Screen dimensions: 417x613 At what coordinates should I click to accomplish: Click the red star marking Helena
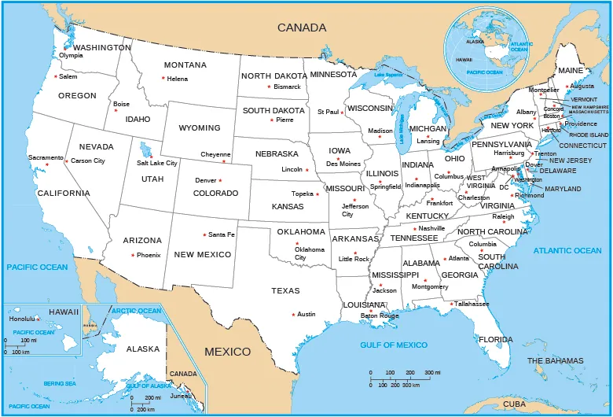(x=163, y=78)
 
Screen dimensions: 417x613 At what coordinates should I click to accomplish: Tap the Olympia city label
(x=71, y=55)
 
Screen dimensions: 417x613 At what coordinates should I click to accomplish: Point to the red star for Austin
(x=293, y=315)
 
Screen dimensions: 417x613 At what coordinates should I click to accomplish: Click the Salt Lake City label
(x=157, y=163)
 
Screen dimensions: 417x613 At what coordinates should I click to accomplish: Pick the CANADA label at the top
(x=302, y=28)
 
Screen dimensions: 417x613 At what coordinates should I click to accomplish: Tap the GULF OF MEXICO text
(x=394, y=345)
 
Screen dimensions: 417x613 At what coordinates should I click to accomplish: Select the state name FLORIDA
(x=495, y=340)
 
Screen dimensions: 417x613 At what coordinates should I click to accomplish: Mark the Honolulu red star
(x=38, y=319)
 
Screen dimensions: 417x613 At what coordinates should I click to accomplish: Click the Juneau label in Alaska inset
(x=181, y=397)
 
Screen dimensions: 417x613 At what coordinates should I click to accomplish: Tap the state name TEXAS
(x=286, y=291)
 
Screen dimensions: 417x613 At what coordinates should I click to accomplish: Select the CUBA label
(x=515, y=403)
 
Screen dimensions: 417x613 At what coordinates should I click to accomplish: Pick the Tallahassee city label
(x=472, y=304)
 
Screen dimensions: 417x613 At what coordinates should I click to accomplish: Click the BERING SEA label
(x=60, y=383)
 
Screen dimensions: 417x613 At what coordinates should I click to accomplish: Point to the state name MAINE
(x=571, y=71)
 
